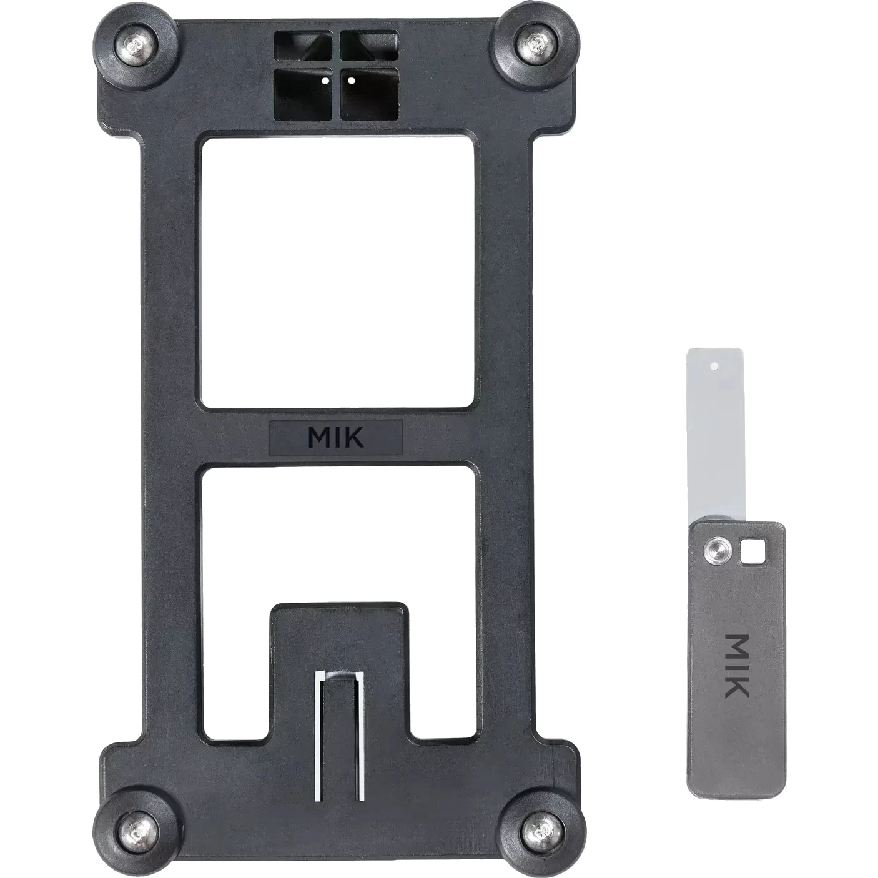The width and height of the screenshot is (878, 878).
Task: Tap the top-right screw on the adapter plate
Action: click(x=533, y=43)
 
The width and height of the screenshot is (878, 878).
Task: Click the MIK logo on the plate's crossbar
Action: click(x=335, y=437)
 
